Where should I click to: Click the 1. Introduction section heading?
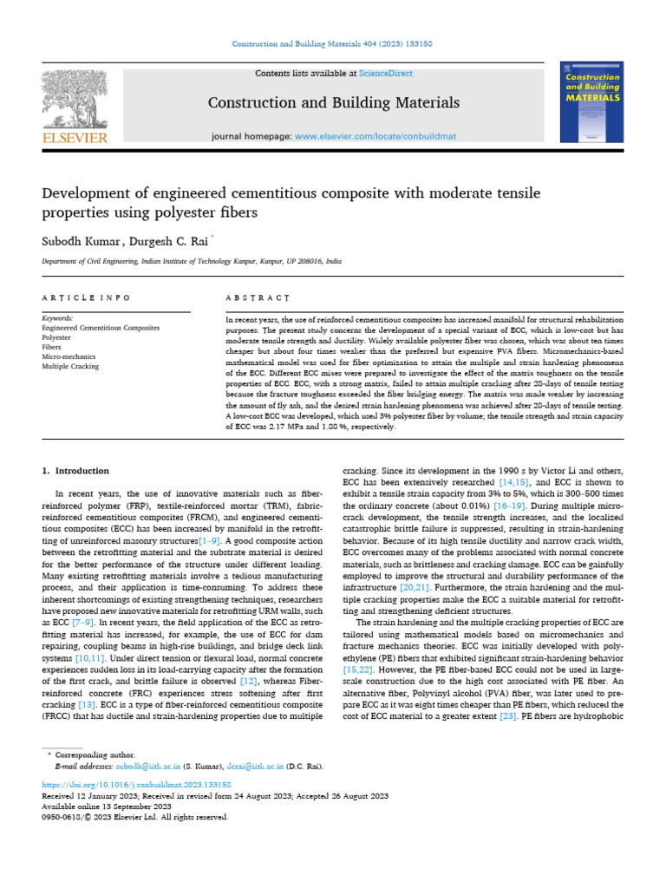coord(76,471)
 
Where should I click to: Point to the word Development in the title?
coord(93,191)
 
